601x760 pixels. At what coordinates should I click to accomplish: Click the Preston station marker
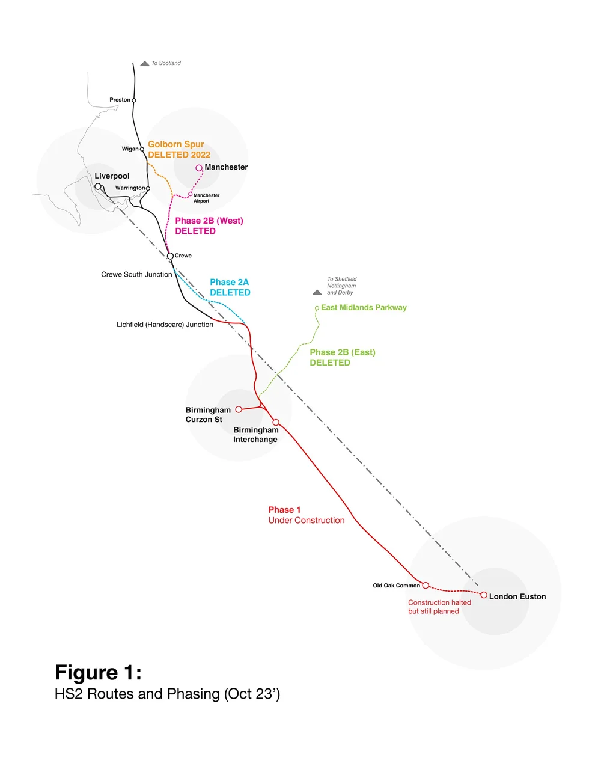coord(134,100)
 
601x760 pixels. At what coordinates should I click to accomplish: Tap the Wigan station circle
coord(142,149)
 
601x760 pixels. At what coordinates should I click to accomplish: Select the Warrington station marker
coord(148,188)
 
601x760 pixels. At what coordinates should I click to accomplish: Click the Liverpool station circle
coord(98,186)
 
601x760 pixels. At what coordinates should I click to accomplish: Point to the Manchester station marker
coord(199,168)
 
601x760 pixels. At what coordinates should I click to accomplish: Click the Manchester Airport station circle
coord(191,194)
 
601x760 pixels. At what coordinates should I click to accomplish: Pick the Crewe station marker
coord(171,256)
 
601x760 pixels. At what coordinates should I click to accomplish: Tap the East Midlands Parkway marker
coord(317,308)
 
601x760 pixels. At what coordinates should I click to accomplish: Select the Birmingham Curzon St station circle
coord(239,409)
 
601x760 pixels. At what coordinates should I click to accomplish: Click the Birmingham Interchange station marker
coord(276,422)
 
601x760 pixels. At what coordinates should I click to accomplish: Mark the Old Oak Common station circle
coord(426,585)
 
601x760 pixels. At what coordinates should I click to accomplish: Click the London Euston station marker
coord(484,595)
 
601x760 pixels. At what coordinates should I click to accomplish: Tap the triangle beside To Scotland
coord(145,63)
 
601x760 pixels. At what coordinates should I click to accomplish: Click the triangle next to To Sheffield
coord(317,293)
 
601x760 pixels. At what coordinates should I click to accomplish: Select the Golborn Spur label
coord(176,144)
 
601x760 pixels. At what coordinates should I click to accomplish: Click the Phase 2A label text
coord(229,282)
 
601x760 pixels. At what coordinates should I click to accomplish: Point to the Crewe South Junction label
coord(136,275)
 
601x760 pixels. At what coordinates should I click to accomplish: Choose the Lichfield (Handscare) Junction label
coord(165,325)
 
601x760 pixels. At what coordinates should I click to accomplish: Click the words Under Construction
coord(307,521)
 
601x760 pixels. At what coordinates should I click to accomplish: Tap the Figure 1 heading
coord(98,672)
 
